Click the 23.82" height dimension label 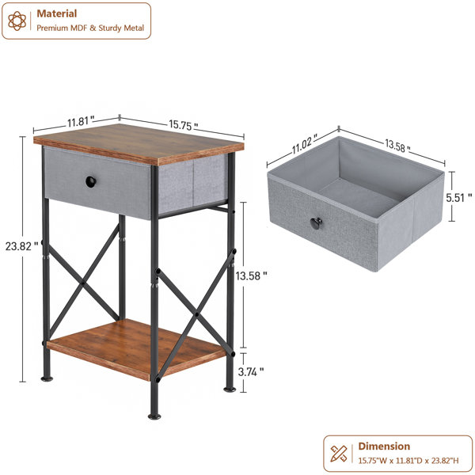[x=22, y=246]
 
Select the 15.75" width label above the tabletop [x=184, y=125]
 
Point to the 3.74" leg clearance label [x=251, y=372]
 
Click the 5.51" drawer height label [x=458, y=197]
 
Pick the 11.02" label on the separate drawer [x=305, y=144]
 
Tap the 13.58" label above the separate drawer [x=397, y=145]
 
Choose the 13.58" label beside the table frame [x=252, y=275]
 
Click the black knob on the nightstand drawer [x=91, y=181]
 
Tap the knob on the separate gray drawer [x=316, y=223]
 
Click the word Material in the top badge [x=57, y=13]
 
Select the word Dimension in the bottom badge [x=384, y=446]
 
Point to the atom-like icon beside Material [x=17, y=21]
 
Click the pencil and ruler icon [x=339, y=454]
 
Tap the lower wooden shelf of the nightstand [x=136, y=349]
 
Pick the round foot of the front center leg [x=154, y=416]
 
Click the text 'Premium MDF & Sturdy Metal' [x=90, y=28]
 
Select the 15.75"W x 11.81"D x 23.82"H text [x=408, y=461]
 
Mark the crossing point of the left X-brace [x=82, y=284]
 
